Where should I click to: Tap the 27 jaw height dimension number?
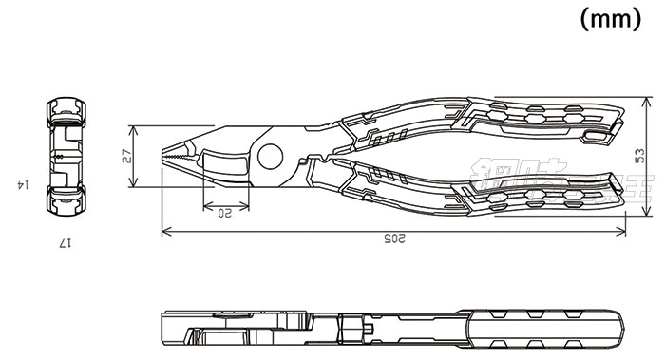tap(126, 157)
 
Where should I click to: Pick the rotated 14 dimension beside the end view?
tap(18, 182)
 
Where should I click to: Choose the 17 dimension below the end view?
tap(64, 244)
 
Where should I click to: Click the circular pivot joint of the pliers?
tap(269, 159)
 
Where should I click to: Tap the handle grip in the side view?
tap(541, 327)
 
